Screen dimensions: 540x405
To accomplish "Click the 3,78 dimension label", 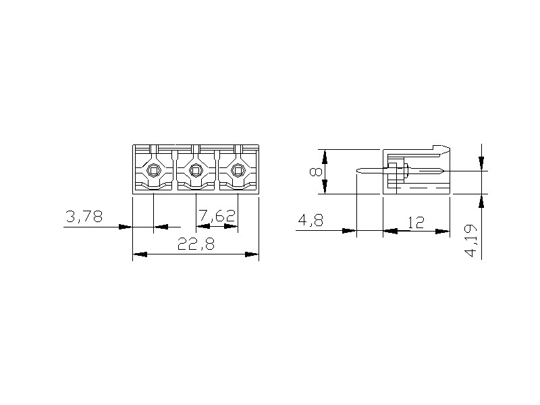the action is [84, 216].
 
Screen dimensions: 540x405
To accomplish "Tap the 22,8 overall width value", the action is [196, 244].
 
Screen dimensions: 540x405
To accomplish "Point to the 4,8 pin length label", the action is [310, 220].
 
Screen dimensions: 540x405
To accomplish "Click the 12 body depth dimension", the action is [416, 223].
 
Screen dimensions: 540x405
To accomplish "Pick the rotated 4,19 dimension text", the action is [470, 241].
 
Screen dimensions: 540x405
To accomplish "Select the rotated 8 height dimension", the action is [315, 171].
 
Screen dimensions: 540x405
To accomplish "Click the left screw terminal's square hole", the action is [154, 170].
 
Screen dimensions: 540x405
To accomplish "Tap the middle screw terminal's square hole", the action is [196, 170].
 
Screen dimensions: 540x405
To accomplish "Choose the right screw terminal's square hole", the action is [238, 170].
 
